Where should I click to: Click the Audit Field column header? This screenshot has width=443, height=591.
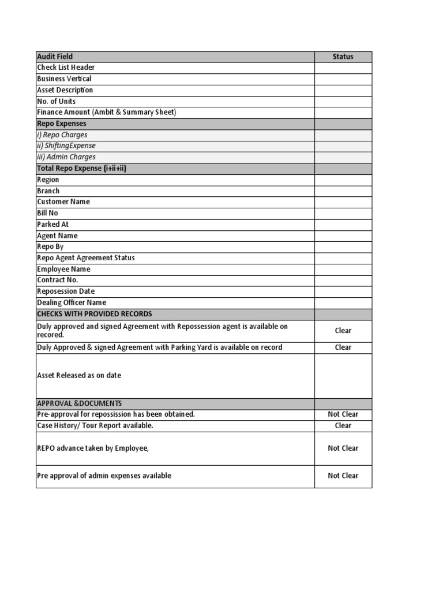55,57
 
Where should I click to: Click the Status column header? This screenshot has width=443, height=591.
343,57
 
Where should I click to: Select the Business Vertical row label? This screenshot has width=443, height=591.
64,78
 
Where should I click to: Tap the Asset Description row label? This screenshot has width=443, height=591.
65,90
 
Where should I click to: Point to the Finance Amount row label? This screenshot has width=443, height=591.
106,112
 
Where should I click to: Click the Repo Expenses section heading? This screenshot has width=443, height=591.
62,124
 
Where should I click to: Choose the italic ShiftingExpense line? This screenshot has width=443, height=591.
66,146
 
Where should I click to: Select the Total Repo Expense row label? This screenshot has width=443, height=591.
81,168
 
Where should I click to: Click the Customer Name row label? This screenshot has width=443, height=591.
63,202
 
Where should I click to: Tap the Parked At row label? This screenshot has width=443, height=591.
52,224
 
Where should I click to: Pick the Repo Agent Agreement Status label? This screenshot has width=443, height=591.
85,258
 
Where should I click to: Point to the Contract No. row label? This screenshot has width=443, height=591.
57,280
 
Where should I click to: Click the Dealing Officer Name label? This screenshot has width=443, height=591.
72,302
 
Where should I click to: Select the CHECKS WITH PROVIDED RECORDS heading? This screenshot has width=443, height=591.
95,314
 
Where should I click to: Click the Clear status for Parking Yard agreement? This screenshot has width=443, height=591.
343,347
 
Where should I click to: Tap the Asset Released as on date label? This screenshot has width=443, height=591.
79,375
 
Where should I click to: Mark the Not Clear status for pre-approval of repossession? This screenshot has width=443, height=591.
343,414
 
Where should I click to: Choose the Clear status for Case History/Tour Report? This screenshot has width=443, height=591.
343,425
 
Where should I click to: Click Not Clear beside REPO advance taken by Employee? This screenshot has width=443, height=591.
343,448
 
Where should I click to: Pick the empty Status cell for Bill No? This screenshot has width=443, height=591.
343,213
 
